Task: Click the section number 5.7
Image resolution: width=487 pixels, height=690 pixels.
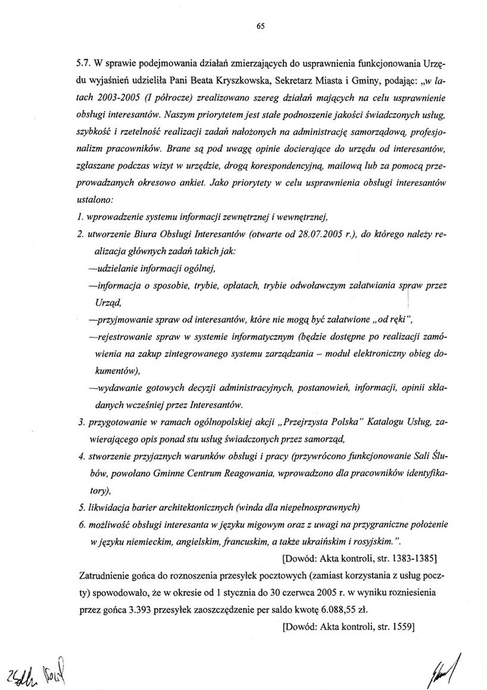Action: pyautogui.click(x=85, y=62)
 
